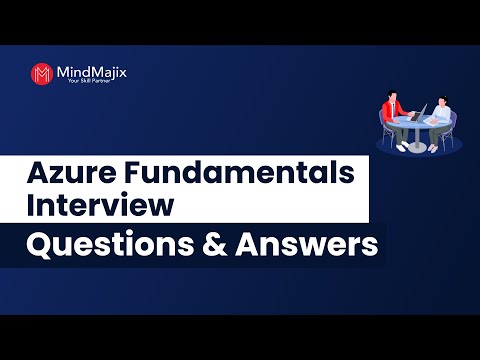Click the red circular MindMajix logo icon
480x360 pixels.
(x=42, y=74)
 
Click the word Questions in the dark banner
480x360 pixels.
(x=110, y=245)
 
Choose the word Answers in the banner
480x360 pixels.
(x=310, y=245)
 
